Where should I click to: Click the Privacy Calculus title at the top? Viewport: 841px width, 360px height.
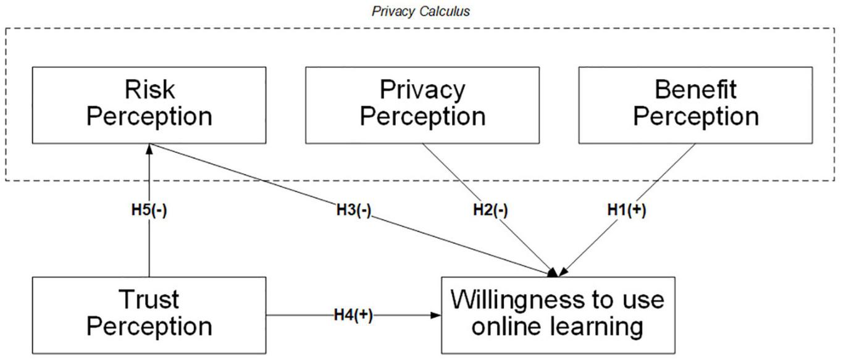[420, 11]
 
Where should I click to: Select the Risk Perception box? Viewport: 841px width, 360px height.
[149, 104]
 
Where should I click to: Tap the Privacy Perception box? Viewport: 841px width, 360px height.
[422, 104]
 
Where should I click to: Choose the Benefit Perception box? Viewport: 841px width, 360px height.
[695, 104]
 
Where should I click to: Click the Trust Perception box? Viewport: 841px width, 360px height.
[149, 314]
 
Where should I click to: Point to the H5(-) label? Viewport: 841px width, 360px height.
[149, 210]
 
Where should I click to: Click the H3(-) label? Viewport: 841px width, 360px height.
[354, 210]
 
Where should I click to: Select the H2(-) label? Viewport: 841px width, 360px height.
[490, 210]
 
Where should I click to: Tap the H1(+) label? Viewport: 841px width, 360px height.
[627, 210]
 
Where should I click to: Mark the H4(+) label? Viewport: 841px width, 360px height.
[354, 315]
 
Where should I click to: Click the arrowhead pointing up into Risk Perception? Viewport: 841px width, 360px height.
[149, 149]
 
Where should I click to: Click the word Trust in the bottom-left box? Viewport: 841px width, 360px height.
[150, 300]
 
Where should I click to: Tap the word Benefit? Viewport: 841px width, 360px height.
[695, 90]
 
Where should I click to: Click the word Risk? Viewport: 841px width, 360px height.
[149, 90]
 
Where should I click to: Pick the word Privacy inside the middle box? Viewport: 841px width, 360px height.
[422, 90]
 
